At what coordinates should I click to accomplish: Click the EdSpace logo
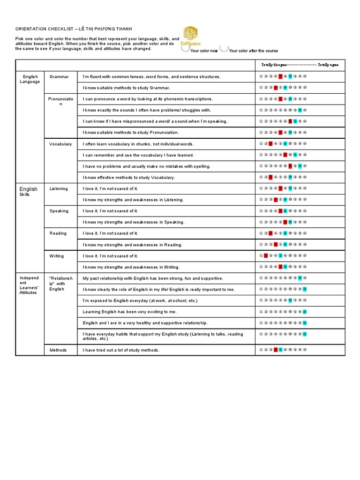click(x=191, y=36)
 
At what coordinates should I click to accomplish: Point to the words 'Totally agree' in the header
click(x=331, y=64)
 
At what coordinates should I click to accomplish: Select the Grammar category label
click(x=59, y=76)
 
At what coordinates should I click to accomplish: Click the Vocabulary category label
click(x=60, y=144)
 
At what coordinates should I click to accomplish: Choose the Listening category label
click(x=59, y=188)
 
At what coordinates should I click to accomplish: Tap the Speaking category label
click(x=59, y=211)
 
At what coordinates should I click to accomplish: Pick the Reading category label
click(x=58, y=233)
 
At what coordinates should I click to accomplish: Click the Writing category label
click(x=57, y=256)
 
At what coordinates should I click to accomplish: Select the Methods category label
click(x=58, y=350)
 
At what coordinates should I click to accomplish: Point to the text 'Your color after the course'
click(x=253, y=51)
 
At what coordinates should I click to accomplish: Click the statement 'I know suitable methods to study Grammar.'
click(x=127, y=88)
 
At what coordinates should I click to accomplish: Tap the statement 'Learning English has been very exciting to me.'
click(x=130, y=312)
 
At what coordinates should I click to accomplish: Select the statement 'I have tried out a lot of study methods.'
click(x=121, y=350)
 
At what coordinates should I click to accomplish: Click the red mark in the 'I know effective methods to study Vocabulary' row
click(x=270, y=177)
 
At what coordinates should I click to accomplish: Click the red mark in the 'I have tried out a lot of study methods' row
click(x=276, y=350)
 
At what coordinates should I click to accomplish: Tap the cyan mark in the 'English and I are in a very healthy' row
click(x=305, y=323)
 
